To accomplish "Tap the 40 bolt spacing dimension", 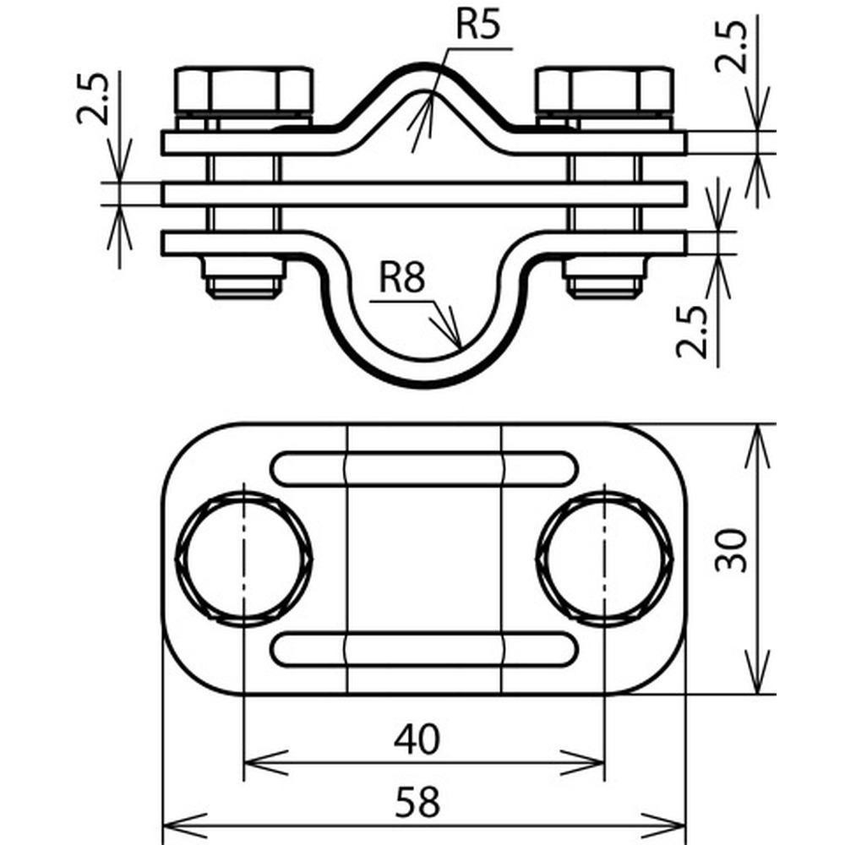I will coord(417,739).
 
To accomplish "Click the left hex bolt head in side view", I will coord(243,88).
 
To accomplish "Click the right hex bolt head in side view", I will coord(605,88).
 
